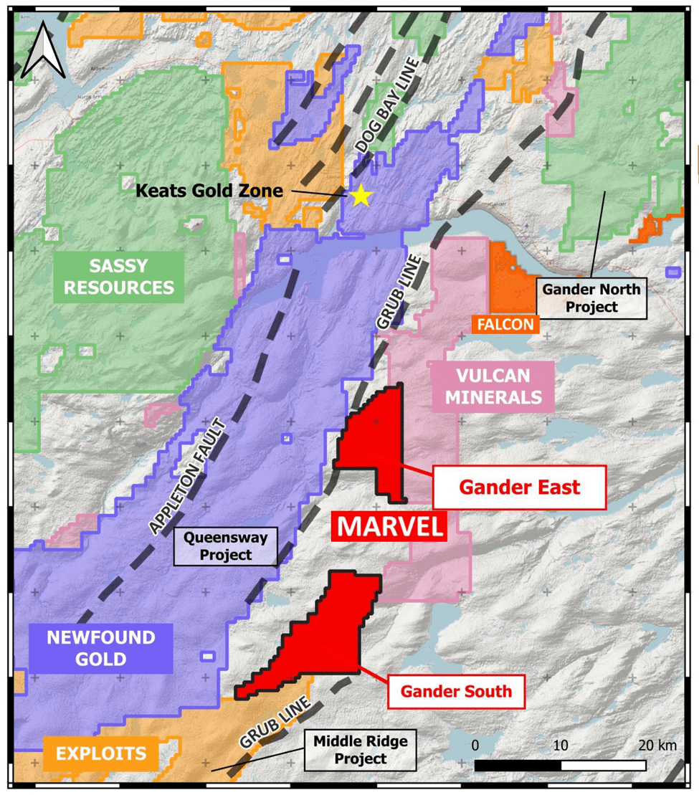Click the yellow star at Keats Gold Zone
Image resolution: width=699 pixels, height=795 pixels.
click(360, 194)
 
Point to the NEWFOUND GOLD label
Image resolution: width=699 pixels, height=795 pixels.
click(101, 649)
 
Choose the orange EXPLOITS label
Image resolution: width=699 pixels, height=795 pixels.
click(101, 753)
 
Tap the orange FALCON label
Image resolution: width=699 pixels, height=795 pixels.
click(505, 325)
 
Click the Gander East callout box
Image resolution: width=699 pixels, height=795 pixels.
click(519, 487)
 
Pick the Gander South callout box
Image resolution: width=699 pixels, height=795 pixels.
click(456, 691)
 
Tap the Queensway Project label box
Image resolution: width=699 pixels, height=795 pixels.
click(226, 546)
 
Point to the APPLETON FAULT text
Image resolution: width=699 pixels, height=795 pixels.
click(188, 477)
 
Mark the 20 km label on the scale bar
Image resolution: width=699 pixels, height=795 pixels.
click(657, 746)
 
